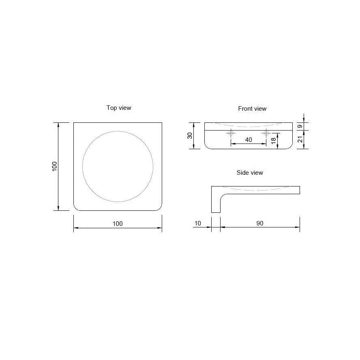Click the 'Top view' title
[x=119, y=108]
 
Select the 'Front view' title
[x=252, y=108]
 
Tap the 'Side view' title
[x=250, y=172]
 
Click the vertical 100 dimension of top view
[x=54, y=167]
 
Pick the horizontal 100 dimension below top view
[x=118, y=224]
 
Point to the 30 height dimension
[x=190, y=136]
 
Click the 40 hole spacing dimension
[x=249, y=139]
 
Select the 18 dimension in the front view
[x=273, y=141]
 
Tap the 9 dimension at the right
[x=300, y=126]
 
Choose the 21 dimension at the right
[x=300, y=139]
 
